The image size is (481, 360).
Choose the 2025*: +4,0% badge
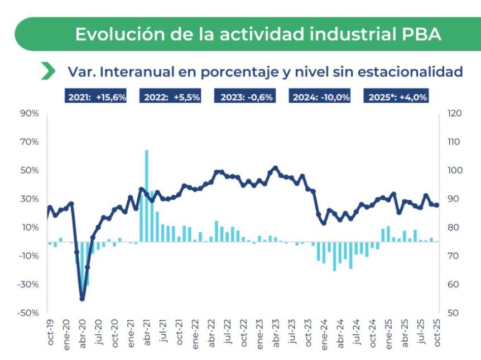pos(397,97)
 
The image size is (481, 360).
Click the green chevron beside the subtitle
pos(49,71)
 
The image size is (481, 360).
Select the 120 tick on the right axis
pos(454,113)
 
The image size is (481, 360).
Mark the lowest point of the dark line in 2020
pos(82,299)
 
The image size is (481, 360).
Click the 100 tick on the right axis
pos(454,170)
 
